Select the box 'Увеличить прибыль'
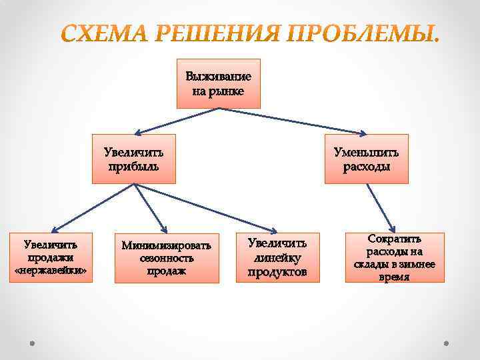point(134,159)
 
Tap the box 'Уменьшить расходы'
point(366,159)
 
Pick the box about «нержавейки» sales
point(50,257)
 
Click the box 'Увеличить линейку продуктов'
point(277,257)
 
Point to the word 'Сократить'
point(395,239)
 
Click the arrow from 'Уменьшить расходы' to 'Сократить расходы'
point(381,207)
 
